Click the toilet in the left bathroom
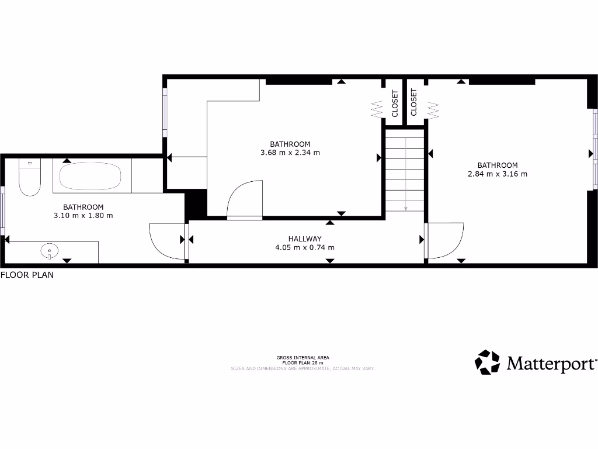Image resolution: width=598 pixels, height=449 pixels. pyautogui.click(x=29, y=178)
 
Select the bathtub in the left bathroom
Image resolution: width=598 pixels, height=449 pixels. pyautogui.click(x=91, y=176)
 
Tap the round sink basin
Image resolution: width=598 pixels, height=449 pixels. pyautogui.click(x=50, y=252)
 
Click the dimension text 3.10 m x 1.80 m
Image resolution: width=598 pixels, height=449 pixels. pyautogui.click(x=84, y=215)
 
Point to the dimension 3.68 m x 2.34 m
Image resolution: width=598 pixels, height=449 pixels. pyautogui.click(x=290, y=153)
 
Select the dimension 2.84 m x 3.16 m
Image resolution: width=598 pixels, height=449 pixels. pyautogui.click(x=498, y=174)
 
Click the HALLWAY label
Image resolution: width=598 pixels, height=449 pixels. pyautogui.click(x=305, y=239)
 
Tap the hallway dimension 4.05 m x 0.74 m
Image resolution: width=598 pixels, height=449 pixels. pyautogui.click(x=305, y=247)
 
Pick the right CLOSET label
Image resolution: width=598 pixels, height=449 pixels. pyautogui.click(x=414, y=102)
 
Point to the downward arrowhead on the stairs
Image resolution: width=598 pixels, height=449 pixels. pyautogui.click(x=405, y=208)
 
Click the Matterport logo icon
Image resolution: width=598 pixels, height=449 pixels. pyautogui.click(x=487, y=362)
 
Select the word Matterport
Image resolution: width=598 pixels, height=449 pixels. pyautogui.click(x=551, y=364)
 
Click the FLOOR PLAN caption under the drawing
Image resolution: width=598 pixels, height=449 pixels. pyautogui.click(x=27, y=275)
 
